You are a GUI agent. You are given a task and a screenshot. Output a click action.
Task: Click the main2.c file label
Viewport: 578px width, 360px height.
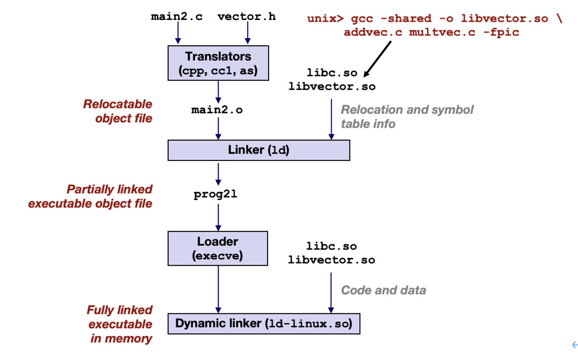click(177, 16)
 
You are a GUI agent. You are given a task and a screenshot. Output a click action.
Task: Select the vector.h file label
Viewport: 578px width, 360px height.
click(247, 16)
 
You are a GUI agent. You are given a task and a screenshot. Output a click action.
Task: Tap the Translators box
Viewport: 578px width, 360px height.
click(218, 63)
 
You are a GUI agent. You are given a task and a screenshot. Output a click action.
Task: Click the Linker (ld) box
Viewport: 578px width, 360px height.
click(259, 151)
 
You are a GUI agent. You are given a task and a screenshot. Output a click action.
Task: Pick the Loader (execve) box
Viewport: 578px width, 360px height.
click(218, 248)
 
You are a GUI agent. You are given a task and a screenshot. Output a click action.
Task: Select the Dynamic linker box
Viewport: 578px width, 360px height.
click(264, 324)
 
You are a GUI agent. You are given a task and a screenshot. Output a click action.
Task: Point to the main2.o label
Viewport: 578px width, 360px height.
click(217, 110)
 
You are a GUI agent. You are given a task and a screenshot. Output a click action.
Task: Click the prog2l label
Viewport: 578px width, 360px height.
click(215, 194)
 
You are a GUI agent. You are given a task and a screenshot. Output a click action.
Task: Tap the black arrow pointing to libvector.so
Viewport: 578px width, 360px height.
click(377, 59)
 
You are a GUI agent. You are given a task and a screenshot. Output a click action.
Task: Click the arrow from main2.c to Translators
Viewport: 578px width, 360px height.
click(178, 33)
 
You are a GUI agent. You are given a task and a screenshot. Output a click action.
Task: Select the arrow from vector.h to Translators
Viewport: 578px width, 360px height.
click(248, 33)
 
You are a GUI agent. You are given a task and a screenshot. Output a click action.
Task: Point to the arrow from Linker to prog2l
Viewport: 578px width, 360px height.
click(218, 174)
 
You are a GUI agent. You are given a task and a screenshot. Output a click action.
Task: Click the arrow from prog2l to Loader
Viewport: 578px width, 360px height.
click(218, 218)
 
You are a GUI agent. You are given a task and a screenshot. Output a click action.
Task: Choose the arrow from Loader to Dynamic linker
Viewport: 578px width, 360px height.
click(218, 289)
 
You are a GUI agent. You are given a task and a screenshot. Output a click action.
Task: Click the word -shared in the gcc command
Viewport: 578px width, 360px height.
click(406, 19)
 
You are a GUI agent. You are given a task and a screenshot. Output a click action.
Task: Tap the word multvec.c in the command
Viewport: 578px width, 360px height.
click(442, 32)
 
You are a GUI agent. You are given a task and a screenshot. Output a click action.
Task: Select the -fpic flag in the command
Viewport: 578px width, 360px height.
click(501, 33)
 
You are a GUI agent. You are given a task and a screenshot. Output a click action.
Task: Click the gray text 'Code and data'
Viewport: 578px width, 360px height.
click(383, 290)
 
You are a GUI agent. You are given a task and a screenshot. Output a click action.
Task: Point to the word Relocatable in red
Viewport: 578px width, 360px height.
click(118, 104)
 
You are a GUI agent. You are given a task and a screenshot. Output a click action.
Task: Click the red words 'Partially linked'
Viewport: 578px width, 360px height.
click(110, 189)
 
